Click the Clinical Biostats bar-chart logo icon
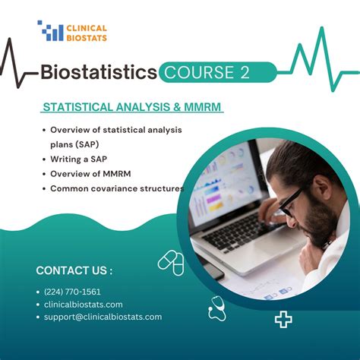click(51, 30)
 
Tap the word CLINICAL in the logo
click(87, 28)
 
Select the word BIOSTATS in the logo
click(87, 38)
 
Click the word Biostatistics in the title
click(99, 72)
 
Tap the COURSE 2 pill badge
click(218, 72)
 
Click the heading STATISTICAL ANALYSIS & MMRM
click(132, 107)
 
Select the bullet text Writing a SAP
click(79, 159)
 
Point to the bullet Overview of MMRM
click(90, 174)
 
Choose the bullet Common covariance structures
click(117, 188)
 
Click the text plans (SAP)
click(74, 144)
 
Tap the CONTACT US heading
click(74, 270)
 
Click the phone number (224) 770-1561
click(72, 292)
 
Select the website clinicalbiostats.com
click(84, 305)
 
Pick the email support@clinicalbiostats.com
click(103, 317)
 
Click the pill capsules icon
click(171, 263)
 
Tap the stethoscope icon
click(218, 309)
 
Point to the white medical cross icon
click(283, 320)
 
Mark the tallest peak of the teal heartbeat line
click(322, 27)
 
